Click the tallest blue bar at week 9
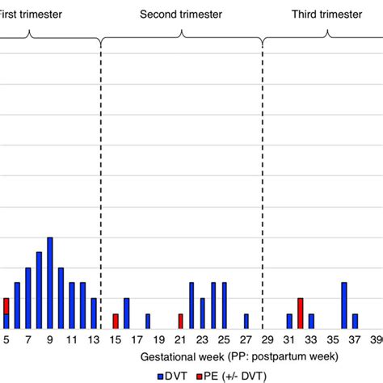(50, 283)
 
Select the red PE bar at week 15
(116, 321)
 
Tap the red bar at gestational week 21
(180, 321)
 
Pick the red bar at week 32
(300, 314)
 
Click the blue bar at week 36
(344, 305)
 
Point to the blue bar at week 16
(126, 314)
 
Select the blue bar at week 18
(148, 321)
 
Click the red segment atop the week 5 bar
(6, 305)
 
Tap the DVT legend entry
(174, 374)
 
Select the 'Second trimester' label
(181, 15)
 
